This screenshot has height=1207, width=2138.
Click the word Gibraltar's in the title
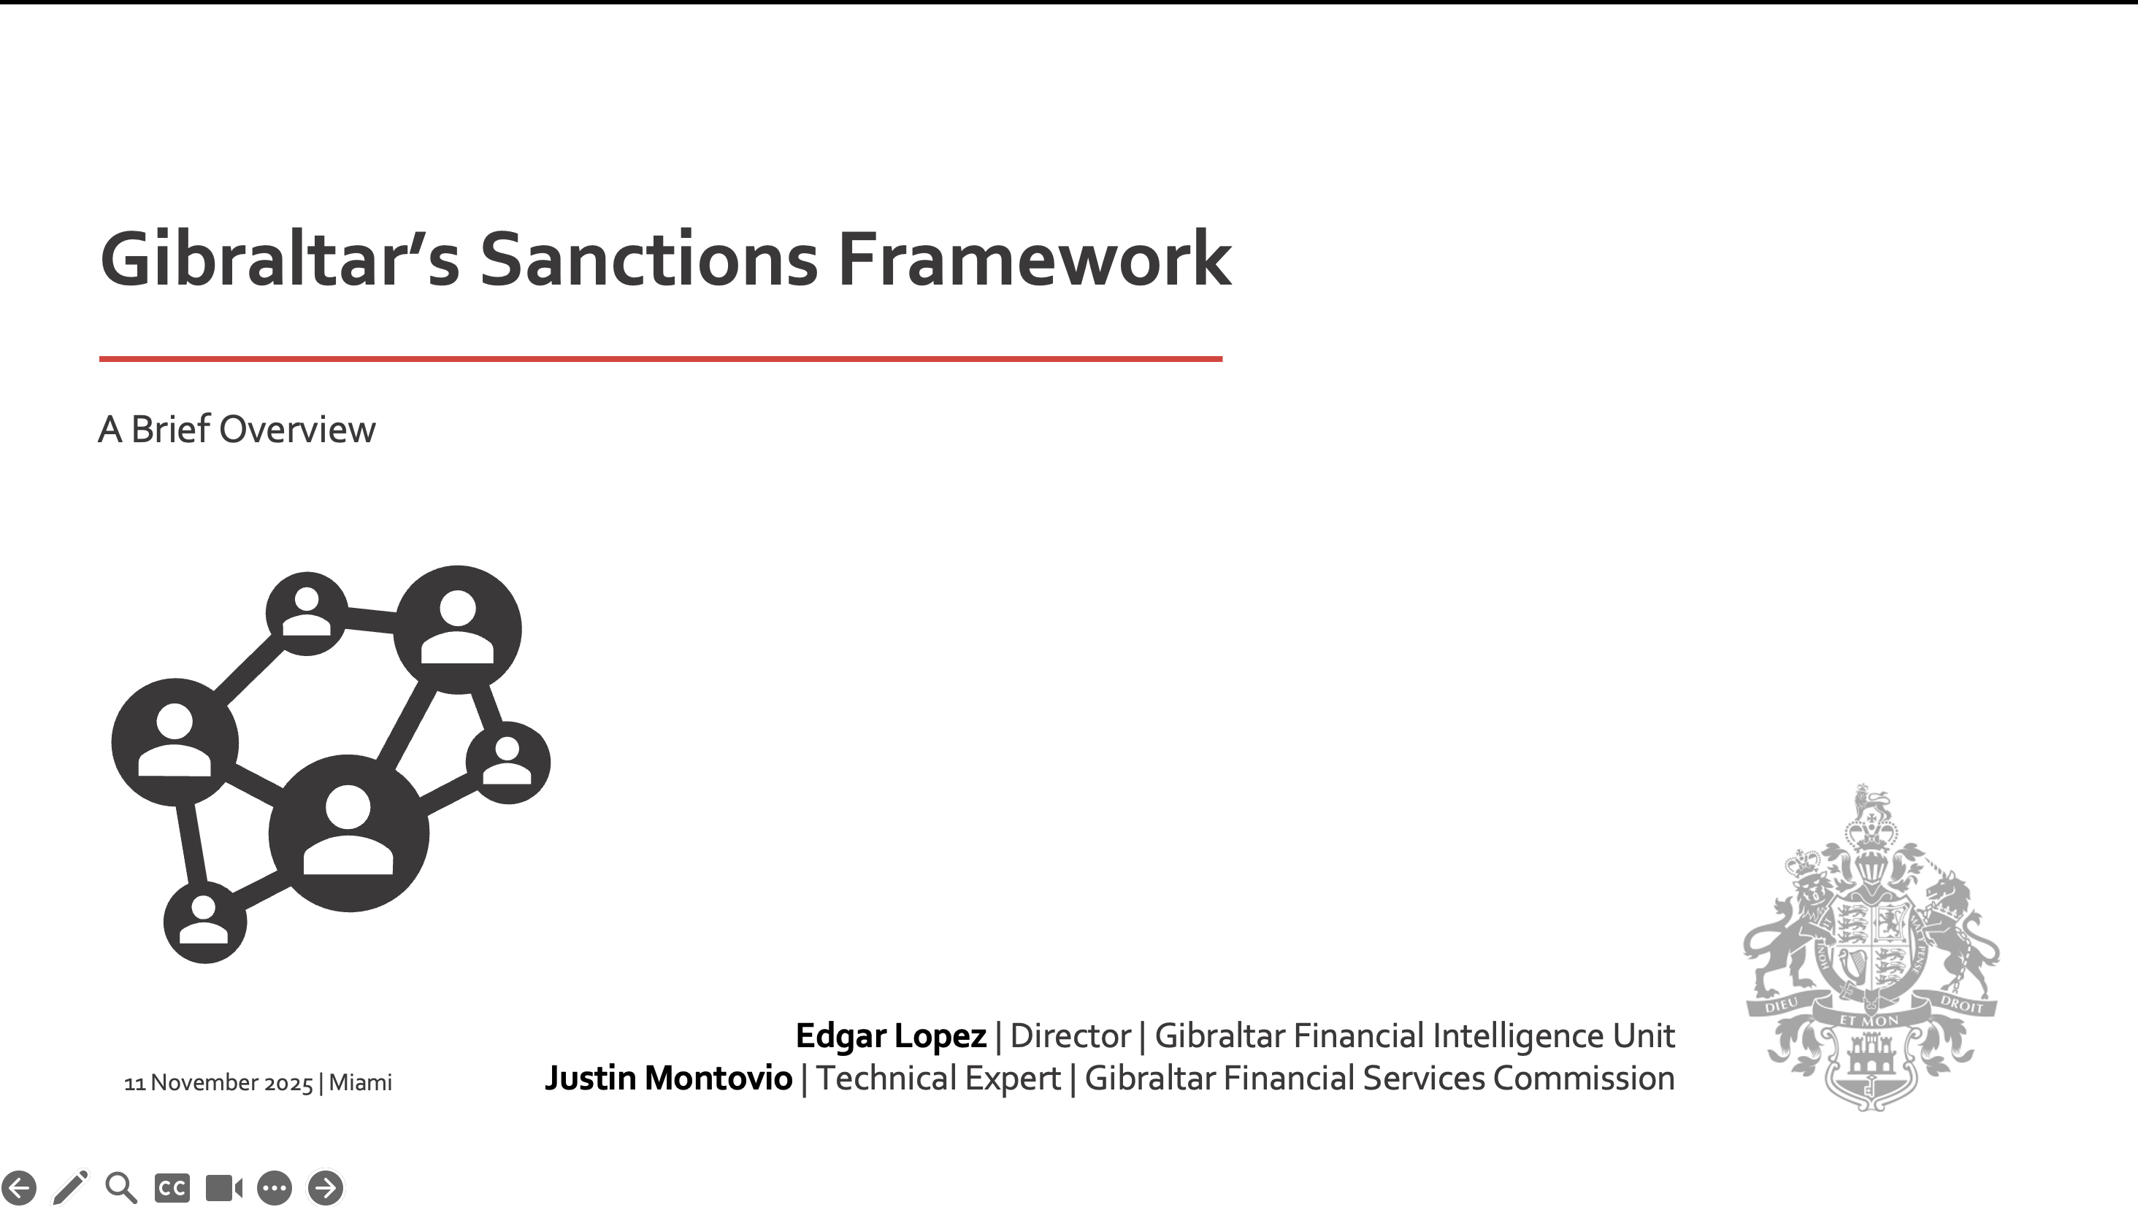click(280, 259)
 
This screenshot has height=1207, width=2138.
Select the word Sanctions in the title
click(649, 259)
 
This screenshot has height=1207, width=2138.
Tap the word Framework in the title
click(1035, 259)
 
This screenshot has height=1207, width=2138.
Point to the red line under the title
click(661, 358)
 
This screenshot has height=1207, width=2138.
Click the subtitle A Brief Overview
click(237, 430)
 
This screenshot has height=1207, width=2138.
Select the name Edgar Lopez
click(891, 1036)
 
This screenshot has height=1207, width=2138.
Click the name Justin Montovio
click(668, 1079)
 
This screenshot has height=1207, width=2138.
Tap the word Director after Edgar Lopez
click(1070, 1036)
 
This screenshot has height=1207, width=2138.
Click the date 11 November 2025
click(218, 1082)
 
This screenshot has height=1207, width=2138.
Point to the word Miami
click(360, 1082)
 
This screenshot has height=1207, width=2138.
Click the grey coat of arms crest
click(1871, 946)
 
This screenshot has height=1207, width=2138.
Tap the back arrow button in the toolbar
click(18, 1188)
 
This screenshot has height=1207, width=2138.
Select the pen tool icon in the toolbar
click(71, 1187)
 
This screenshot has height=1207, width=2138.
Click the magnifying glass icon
click(121, 1188)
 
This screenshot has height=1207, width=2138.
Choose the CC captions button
click(172, 1188)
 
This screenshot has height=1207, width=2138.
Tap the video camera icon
click(224, 1188)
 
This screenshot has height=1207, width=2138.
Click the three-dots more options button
click(275, 1188)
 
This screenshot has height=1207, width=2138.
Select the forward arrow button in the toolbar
click(326, 1188)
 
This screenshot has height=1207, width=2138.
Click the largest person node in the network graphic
click(348, 833)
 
